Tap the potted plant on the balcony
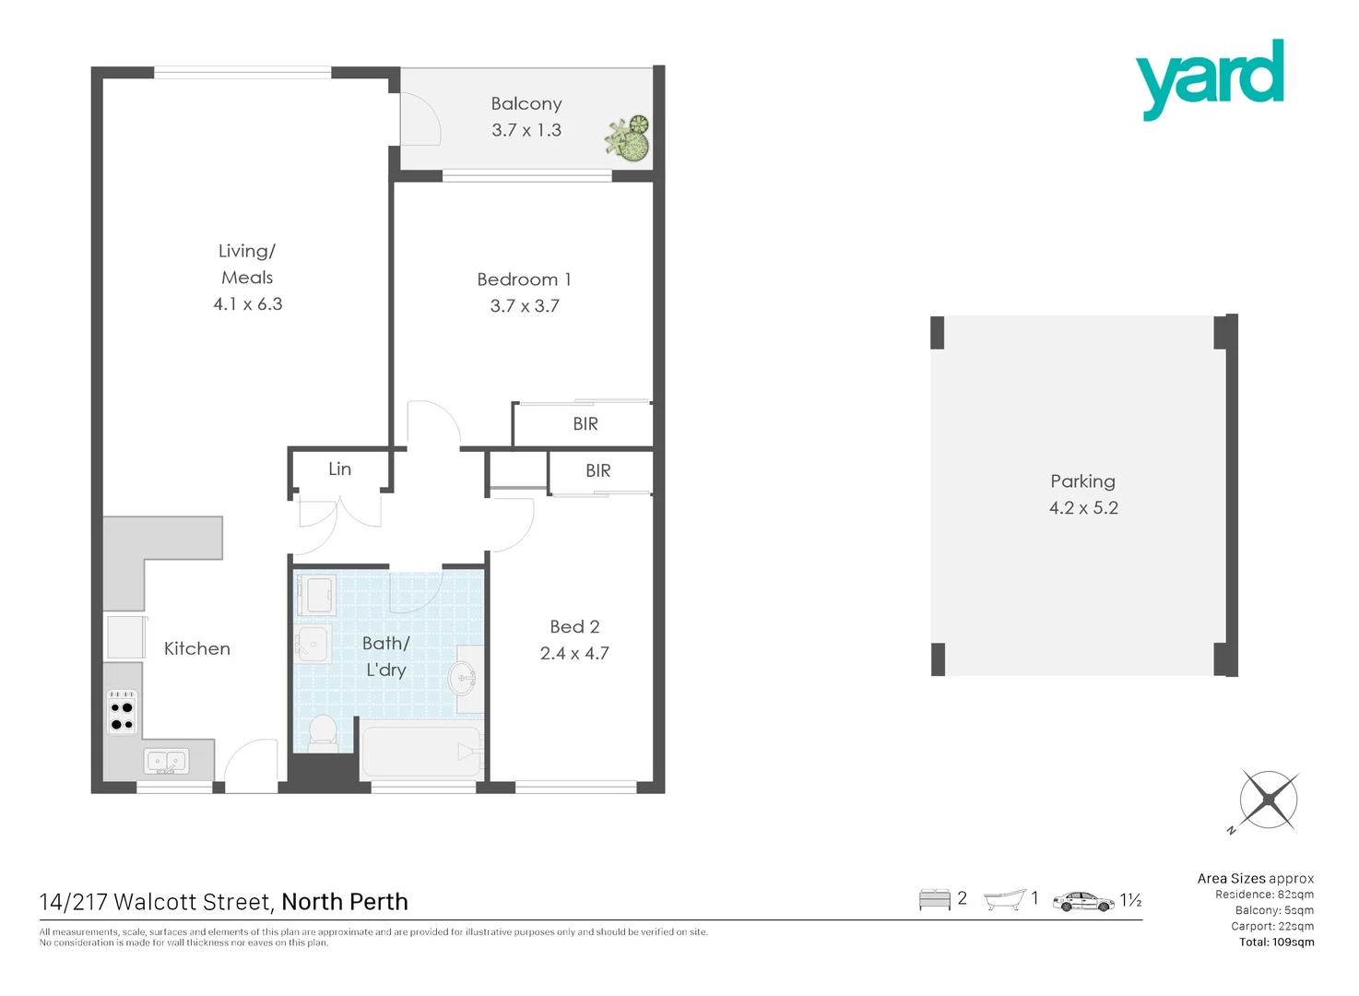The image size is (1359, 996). coord(629,138)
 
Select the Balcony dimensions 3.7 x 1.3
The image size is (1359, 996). coord(526,130)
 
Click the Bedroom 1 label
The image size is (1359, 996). coord(524,279)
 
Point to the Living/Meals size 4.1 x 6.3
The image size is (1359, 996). coord(248,304)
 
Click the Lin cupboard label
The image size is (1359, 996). coord(339,468)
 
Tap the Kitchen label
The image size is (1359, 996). coord(196,648)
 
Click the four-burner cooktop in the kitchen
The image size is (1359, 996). coord(122,710)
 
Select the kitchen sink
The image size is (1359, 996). coord(166,762)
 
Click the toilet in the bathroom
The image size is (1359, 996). coord(323,729)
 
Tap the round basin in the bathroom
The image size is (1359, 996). coord(463,680)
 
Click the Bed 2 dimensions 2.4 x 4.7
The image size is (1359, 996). coord(574,653)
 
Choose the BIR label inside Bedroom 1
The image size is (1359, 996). coord(585,424)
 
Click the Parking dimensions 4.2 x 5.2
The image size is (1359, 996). coord(1083,508)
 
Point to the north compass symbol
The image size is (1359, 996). coord(1269,800)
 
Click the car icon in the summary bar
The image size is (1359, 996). coord(1083,901)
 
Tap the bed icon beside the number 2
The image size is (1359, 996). coord(934,900)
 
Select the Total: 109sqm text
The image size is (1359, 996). coord(1276,943)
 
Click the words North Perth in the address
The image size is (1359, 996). coord(345,902)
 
